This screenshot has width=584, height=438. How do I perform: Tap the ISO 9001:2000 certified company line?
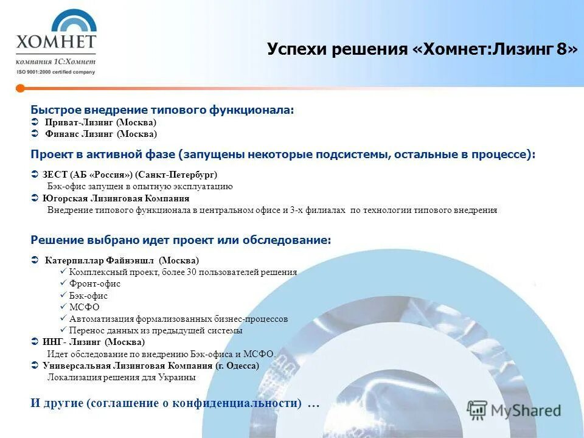click(x=56, y=72)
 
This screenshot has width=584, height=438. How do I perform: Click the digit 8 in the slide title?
click(x=560, y=50)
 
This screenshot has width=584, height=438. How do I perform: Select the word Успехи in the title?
click(x=297, y=50)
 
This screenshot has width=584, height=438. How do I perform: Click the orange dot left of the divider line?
click(x=20, y=88)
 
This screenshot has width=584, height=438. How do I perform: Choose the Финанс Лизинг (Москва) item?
click(x=100, y=134)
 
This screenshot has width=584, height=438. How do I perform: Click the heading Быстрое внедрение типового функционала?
click(x=162, y=110)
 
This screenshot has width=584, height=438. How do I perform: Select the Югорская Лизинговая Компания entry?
click(x=116, y=198)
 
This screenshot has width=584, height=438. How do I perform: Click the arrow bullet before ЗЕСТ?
click(x=35, y=175)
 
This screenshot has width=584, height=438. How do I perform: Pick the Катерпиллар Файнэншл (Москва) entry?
click(x=122, y=260)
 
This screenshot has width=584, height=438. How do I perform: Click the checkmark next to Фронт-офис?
click(x=64, y=283)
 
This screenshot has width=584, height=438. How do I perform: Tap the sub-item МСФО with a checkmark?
click(x=84, y=307)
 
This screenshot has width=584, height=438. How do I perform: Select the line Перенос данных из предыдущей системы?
click(x=156, y=330)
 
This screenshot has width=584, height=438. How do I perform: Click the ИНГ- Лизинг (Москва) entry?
click(x=94, y=342)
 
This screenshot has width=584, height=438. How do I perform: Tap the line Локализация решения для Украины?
click(x=122, y=377)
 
